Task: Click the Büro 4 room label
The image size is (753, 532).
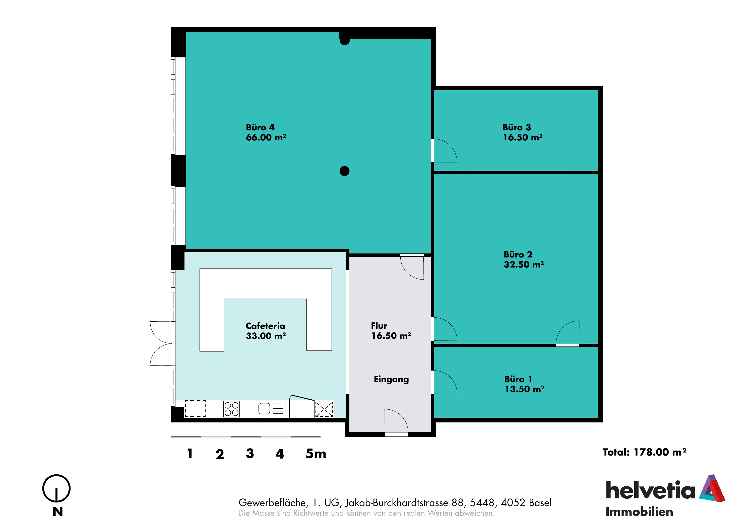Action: (260, 127)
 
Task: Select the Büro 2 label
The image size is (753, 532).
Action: (518, 254)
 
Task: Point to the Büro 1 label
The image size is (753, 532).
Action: (518, 379)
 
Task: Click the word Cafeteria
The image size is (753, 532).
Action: (265, 326)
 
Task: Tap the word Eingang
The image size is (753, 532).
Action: (391, 379)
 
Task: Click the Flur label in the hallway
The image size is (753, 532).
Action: (379, 326)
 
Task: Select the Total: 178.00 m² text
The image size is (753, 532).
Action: (645, 452)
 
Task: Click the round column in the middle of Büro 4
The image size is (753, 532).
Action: (344, 171)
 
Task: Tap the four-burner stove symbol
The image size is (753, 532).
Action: (231, 409)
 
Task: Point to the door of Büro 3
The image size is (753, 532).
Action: (444, 151)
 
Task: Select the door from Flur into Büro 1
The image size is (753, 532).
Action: (444, 382)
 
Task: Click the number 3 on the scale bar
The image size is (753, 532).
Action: (250, 454)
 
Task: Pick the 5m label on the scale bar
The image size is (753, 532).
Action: (316, 454)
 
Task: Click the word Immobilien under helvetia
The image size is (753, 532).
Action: (639, 512)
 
